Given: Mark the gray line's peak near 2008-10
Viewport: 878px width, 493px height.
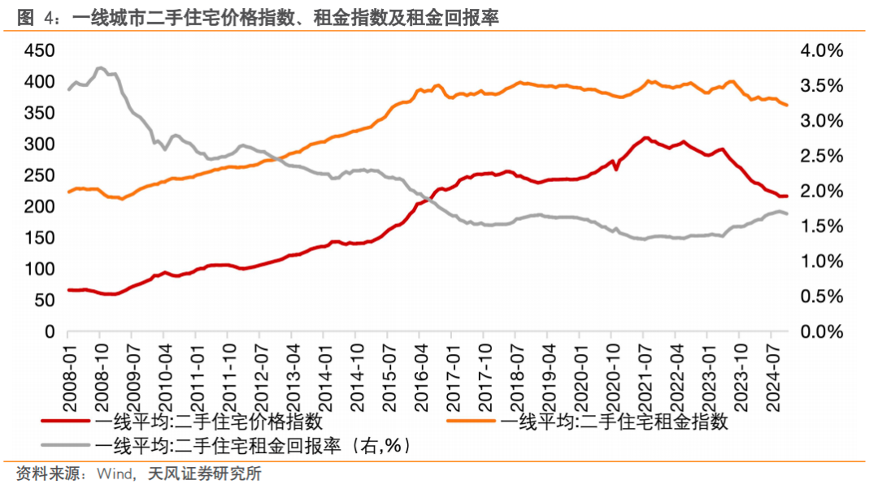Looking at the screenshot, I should coord(99,68).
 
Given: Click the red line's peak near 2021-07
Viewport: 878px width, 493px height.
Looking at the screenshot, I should coord(645,138).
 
